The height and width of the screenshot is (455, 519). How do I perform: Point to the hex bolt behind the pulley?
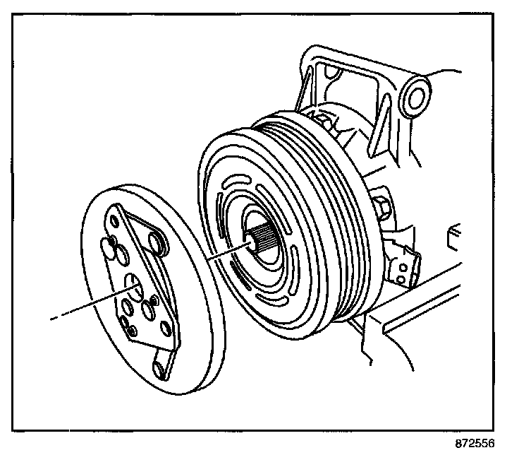(x=385, y=208)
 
